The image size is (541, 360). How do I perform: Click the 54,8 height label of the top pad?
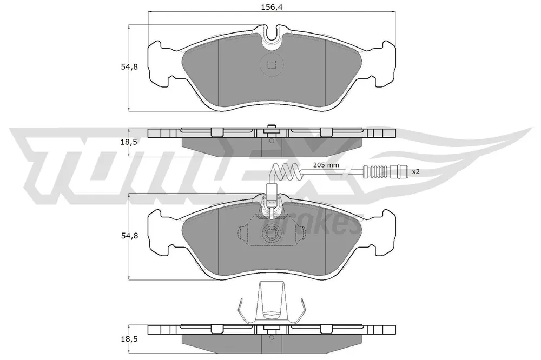[129, 67]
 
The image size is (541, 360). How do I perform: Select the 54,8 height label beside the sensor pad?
[129, 236]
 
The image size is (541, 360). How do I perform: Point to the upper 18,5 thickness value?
[129, 142]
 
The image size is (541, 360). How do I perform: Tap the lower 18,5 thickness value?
[129, 339]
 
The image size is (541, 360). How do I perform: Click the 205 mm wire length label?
[326, 165]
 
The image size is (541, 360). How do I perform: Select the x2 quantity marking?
[415, 171]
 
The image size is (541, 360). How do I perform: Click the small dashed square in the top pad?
[272, 64]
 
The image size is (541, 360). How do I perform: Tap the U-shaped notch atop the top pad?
[272, 37]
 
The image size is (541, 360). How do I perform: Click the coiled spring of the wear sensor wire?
[286, 171]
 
